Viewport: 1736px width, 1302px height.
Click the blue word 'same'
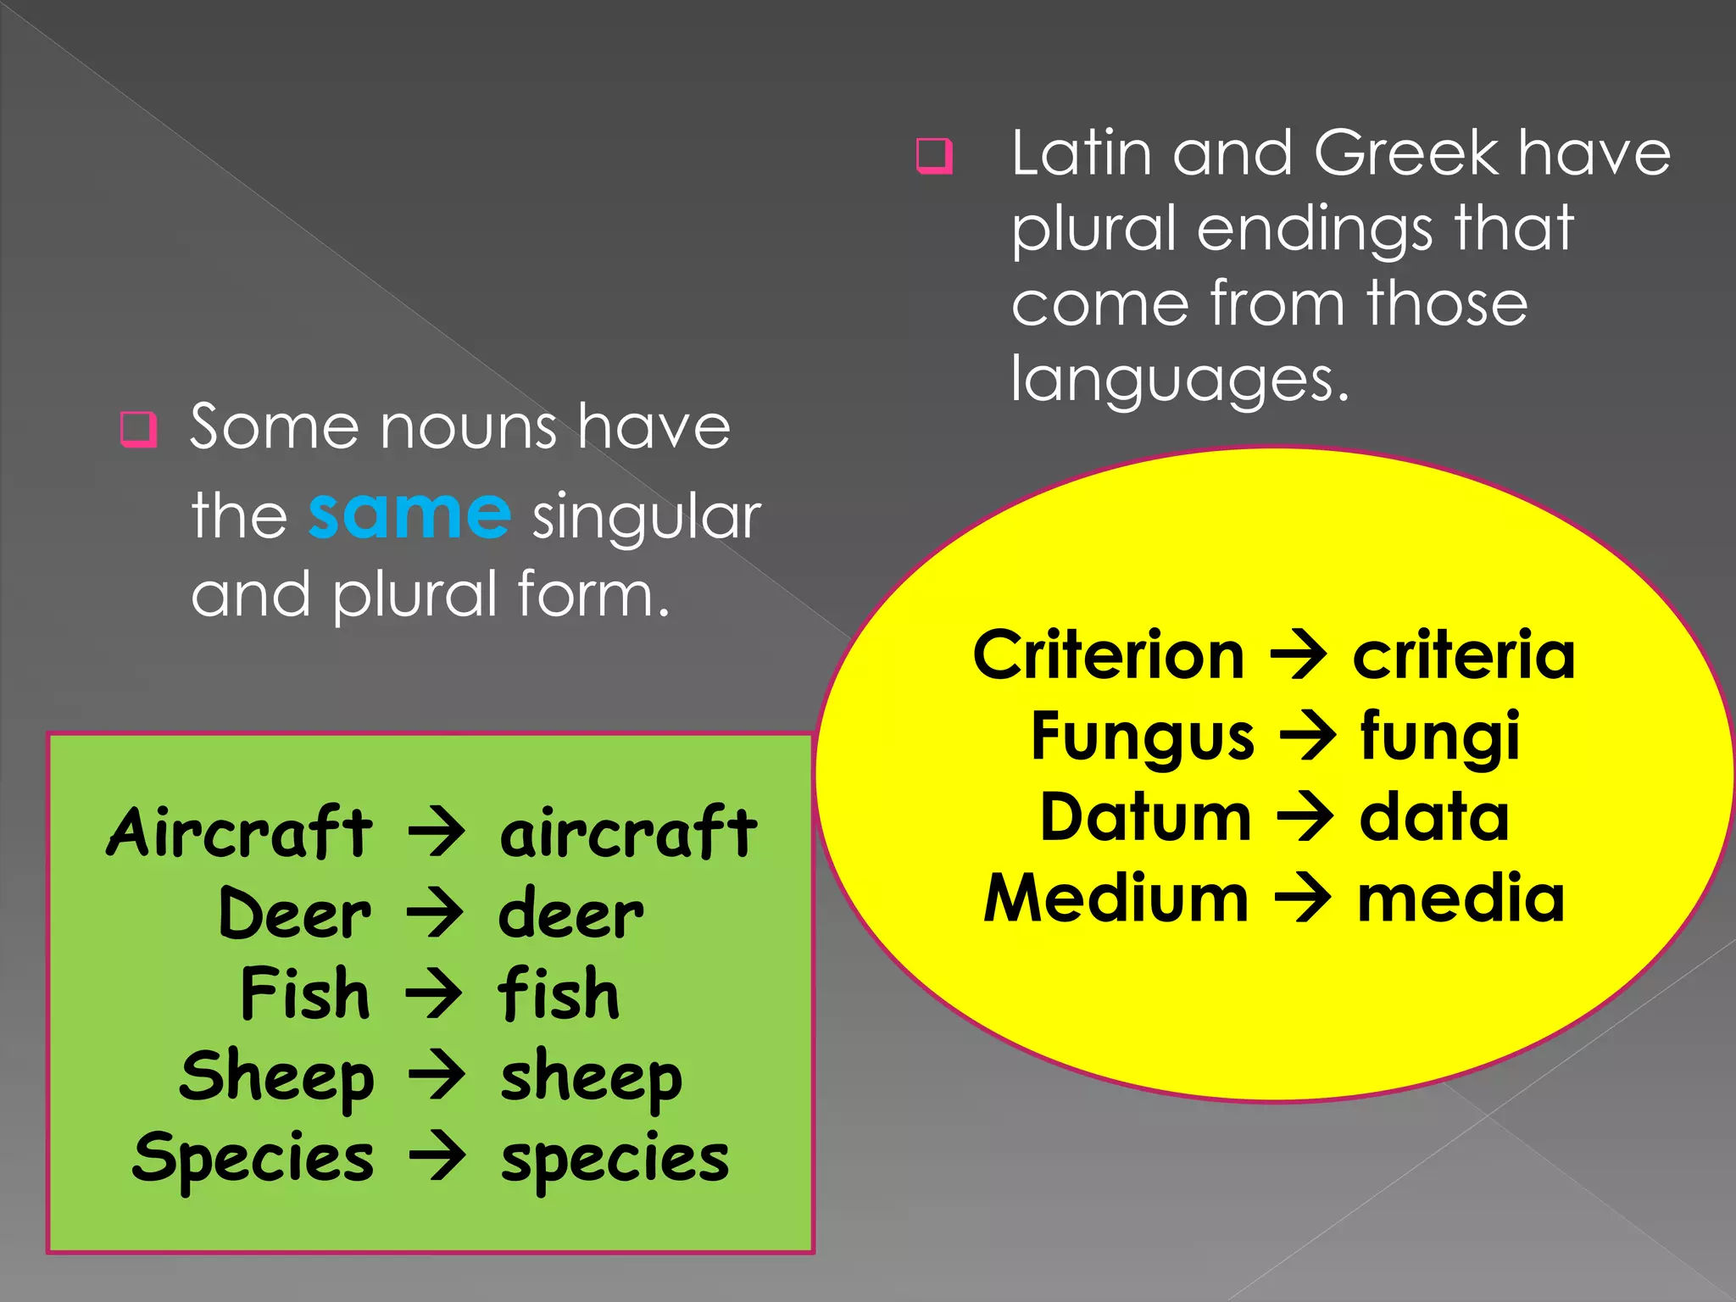point(409,515)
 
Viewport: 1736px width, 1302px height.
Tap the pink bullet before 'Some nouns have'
point(138,429)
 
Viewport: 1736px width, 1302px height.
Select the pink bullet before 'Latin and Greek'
point(934,156)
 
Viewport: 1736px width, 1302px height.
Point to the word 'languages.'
point(1179,379)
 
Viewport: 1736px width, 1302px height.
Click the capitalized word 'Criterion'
point(1109,655)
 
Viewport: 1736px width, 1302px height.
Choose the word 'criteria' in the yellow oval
point(1464,655)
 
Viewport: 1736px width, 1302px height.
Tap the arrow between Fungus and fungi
point(1307,736)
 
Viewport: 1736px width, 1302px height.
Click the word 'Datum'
point(1145,817)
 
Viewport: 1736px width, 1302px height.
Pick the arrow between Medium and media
point(1303,899)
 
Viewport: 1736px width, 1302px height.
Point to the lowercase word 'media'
point(1461,899)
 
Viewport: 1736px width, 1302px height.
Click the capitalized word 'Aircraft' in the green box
point(239,832)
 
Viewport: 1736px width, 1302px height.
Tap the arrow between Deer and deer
point(435,914)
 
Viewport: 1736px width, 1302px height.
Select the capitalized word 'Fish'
point(305,993)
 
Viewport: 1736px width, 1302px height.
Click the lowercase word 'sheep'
point(591,1078)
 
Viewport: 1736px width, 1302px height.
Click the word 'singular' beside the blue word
point(647,518)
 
